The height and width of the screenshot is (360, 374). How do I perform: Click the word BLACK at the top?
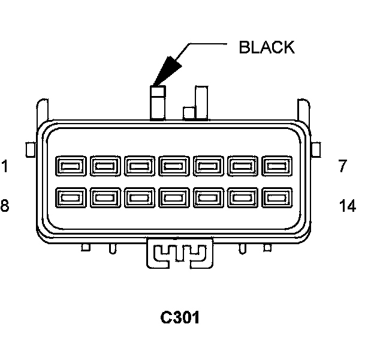coord(267,47)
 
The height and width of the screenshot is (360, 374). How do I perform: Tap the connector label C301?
coord(180,317)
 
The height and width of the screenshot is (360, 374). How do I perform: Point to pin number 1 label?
coord(5,166)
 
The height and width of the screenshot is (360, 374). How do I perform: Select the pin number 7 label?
coord(342,166)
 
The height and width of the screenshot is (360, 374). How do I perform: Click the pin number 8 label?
coord(5,206)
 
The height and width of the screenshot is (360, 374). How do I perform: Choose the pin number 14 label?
coord(347,206)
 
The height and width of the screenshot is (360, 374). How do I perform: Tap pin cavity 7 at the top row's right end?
coord(276,165)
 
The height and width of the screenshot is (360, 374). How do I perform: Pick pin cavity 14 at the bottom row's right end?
coord(276,197)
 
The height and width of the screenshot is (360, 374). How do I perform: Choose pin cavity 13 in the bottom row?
coord(242,197)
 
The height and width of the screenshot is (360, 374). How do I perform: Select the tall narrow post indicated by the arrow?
coord(157,103)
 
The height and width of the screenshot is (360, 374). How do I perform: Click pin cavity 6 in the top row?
coord(242,165)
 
